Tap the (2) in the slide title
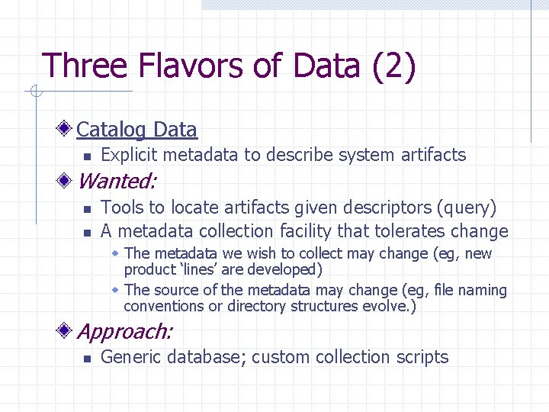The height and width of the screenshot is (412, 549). pyautogui.click(x=393, y=66)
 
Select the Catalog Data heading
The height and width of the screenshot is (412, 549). pyautogui.click(x=136, y=130)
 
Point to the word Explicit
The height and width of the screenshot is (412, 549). pyautogui.click(x=129, y=155)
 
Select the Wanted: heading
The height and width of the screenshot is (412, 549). pyautogui.click(x=117, y=182)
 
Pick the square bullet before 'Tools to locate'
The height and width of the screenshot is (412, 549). pyautogui.click(x=87, y=208)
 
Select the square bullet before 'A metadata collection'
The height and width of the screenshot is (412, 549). pyautogui.click(x=87, y=232)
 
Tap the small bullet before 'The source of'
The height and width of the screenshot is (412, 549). pyautogui.click(x=115, y=291)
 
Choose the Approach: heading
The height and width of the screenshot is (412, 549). pyautogui.click(x=125, y=332)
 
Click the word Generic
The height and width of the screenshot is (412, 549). pyautogui.click(x=130, y=357)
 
